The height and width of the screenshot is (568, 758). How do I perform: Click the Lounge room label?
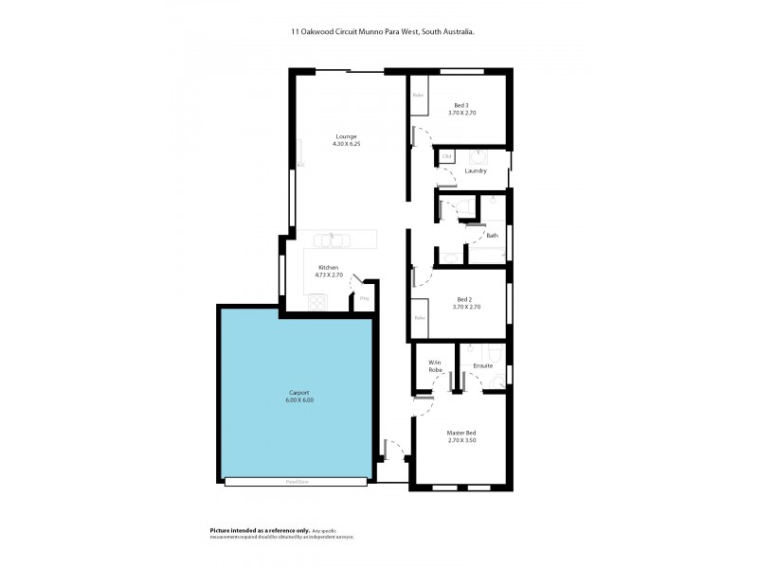(x=346, y=136)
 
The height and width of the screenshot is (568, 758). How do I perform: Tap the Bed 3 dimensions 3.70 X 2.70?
(x=461, y=113)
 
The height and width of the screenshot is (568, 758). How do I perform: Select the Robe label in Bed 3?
(x=417, y=95)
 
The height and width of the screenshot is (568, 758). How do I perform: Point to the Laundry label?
(x=476, y=170)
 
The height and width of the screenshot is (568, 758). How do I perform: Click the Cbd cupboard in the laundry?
(x=446, y=155)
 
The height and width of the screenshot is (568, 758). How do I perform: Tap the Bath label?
(x=492, y=235)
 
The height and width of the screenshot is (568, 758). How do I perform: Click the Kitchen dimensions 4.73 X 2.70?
(x=329, y=275)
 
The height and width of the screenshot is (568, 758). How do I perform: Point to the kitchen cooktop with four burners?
(x=317, y=303)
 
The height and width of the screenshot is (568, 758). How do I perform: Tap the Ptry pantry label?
(x=364, y=300)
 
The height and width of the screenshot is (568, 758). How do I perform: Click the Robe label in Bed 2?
(x=419, y=319)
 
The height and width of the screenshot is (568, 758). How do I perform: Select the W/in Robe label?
(x=435, y=366)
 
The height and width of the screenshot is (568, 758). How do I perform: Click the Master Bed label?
(x=461, y=434)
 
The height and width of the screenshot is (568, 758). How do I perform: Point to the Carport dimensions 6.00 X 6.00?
(x=299, y=400)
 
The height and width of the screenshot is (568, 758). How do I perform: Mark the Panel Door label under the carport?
(x=296, y=482)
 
